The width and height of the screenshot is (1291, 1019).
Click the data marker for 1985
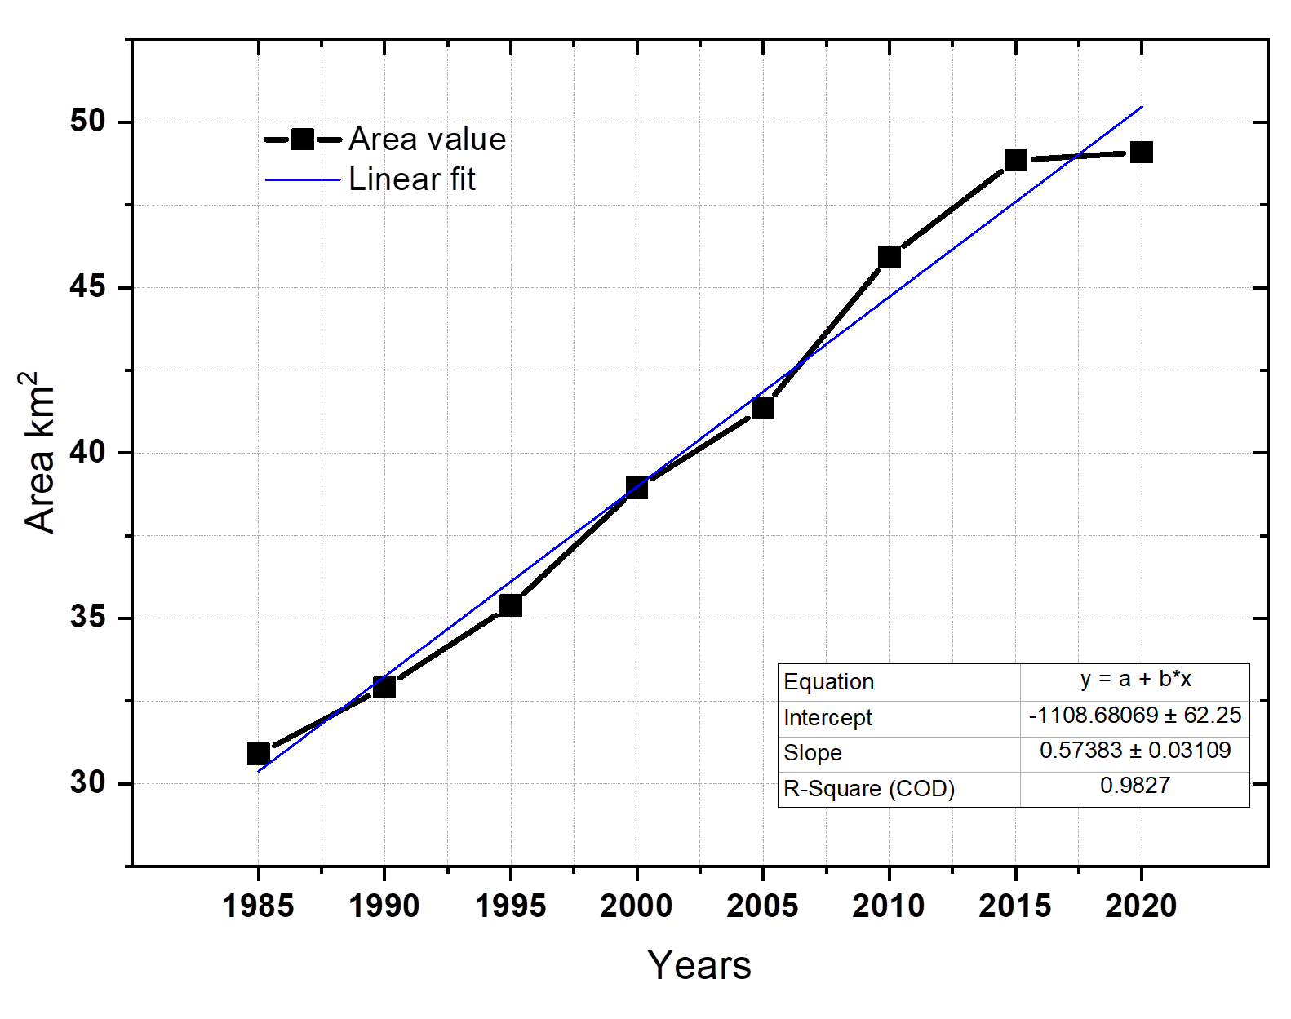pos(259,753)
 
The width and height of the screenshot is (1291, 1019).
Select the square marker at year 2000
pos(637,488)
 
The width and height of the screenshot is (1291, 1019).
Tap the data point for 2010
pos(890,257)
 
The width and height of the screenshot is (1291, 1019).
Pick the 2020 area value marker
pos(1142,152)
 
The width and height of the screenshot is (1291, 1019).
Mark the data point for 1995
pos(511,605)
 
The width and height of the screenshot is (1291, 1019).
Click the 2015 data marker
pos(1015,160)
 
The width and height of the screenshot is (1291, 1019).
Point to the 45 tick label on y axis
pos(88,287)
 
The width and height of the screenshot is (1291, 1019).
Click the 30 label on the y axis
pos(88,782)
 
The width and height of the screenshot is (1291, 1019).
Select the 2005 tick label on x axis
pos(762,906)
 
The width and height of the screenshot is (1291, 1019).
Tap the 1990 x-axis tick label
pos(384,906)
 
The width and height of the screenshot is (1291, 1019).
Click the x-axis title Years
pos(699,965)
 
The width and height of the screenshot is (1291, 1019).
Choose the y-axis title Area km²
pos(39,453)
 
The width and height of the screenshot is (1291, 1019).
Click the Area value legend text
pos(428,140)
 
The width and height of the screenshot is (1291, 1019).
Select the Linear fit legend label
pos(412,179)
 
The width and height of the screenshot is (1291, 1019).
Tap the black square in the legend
pos(303,140)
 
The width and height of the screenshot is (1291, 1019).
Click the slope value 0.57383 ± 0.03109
pos(1135,751)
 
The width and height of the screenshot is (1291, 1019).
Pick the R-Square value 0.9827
pos(1135,786)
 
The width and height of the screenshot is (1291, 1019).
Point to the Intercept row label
pos(827,718)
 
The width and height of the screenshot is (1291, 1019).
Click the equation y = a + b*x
pos(1135,679)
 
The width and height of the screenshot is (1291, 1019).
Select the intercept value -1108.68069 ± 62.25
pos(1135,716)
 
